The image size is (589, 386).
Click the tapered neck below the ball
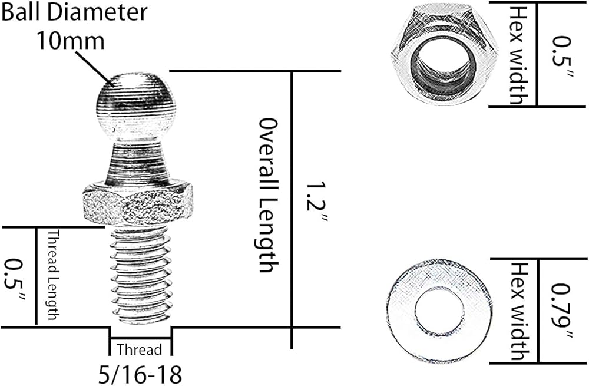pyautogui.click(x=137, y=161)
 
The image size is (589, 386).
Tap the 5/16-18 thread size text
pyautogui.click(x=140, y=374)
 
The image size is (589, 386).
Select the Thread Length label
pyautogui.click(x=53, y=275)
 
